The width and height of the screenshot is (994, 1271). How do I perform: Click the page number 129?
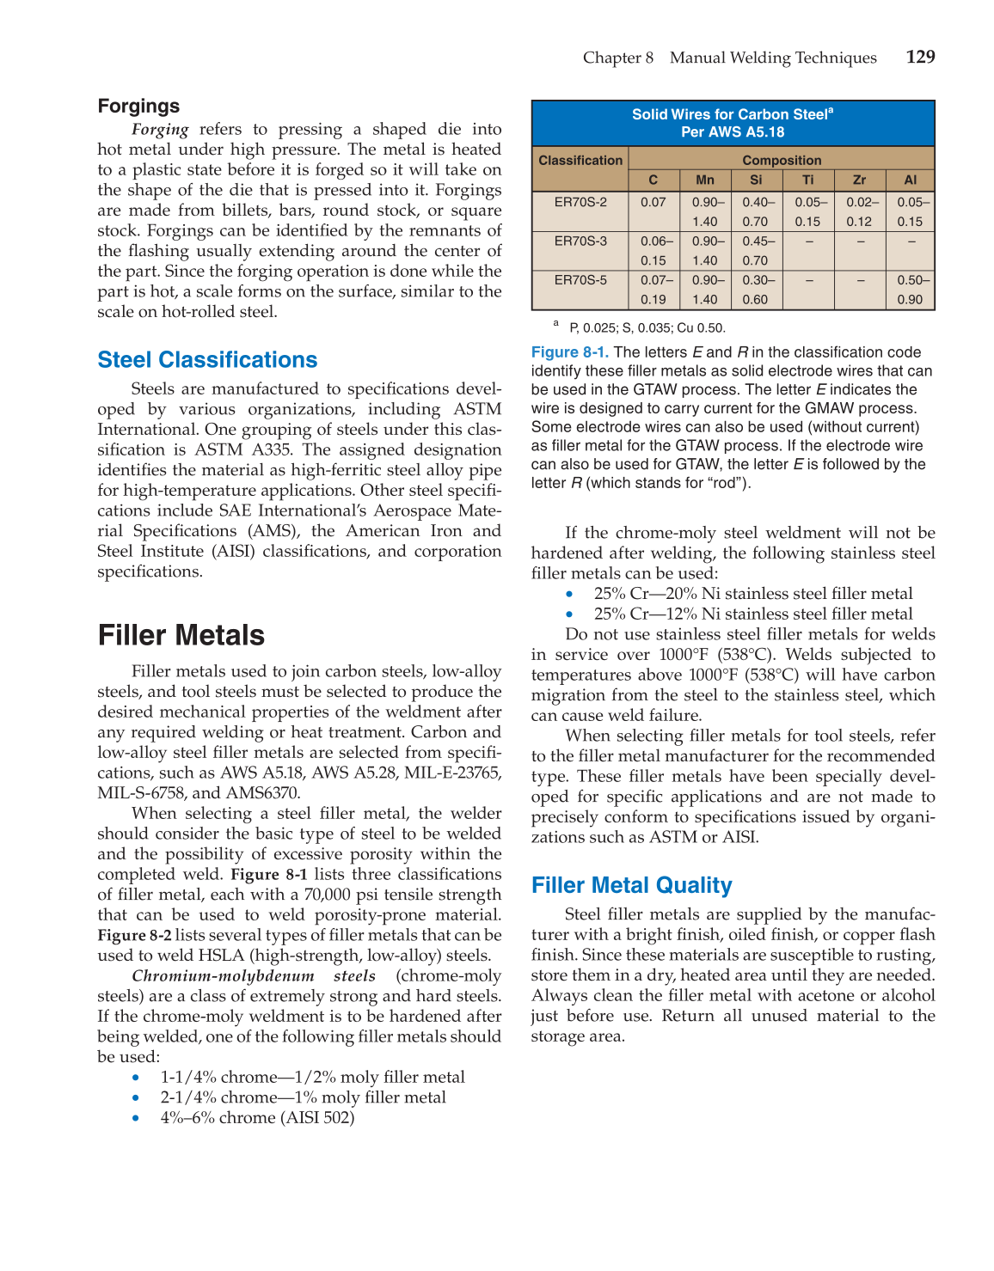point(920,57)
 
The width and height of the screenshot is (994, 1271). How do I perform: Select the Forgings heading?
point(138,106)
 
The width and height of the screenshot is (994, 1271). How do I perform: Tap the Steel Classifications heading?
point(207,359)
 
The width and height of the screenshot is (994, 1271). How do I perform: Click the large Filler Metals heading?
point(181,635)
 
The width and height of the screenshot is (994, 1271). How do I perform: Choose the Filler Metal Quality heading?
point(631,885)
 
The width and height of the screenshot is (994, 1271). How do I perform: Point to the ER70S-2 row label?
point(580,202)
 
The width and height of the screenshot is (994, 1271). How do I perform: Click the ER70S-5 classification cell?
point(580,280)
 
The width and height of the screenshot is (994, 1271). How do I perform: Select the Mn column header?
point(705,180)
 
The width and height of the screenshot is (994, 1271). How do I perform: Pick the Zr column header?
point(859,180)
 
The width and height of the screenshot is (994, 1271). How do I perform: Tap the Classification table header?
point(580,160)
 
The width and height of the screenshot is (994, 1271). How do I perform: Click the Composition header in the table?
point(782,160)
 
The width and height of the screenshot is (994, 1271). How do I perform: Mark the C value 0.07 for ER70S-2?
point(653,202)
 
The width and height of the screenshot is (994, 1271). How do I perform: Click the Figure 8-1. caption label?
point(569,352)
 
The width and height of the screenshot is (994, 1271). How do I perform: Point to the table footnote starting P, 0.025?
point(647,327)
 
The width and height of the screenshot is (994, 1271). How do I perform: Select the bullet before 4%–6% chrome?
point(136,1118)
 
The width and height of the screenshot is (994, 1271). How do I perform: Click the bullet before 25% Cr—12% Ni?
point(569,614)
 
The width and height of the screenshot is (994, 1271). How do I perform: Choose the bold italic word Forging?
point(160,130)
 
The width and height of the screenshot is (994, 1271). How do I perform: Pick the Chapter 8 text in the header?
point(617,58)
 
